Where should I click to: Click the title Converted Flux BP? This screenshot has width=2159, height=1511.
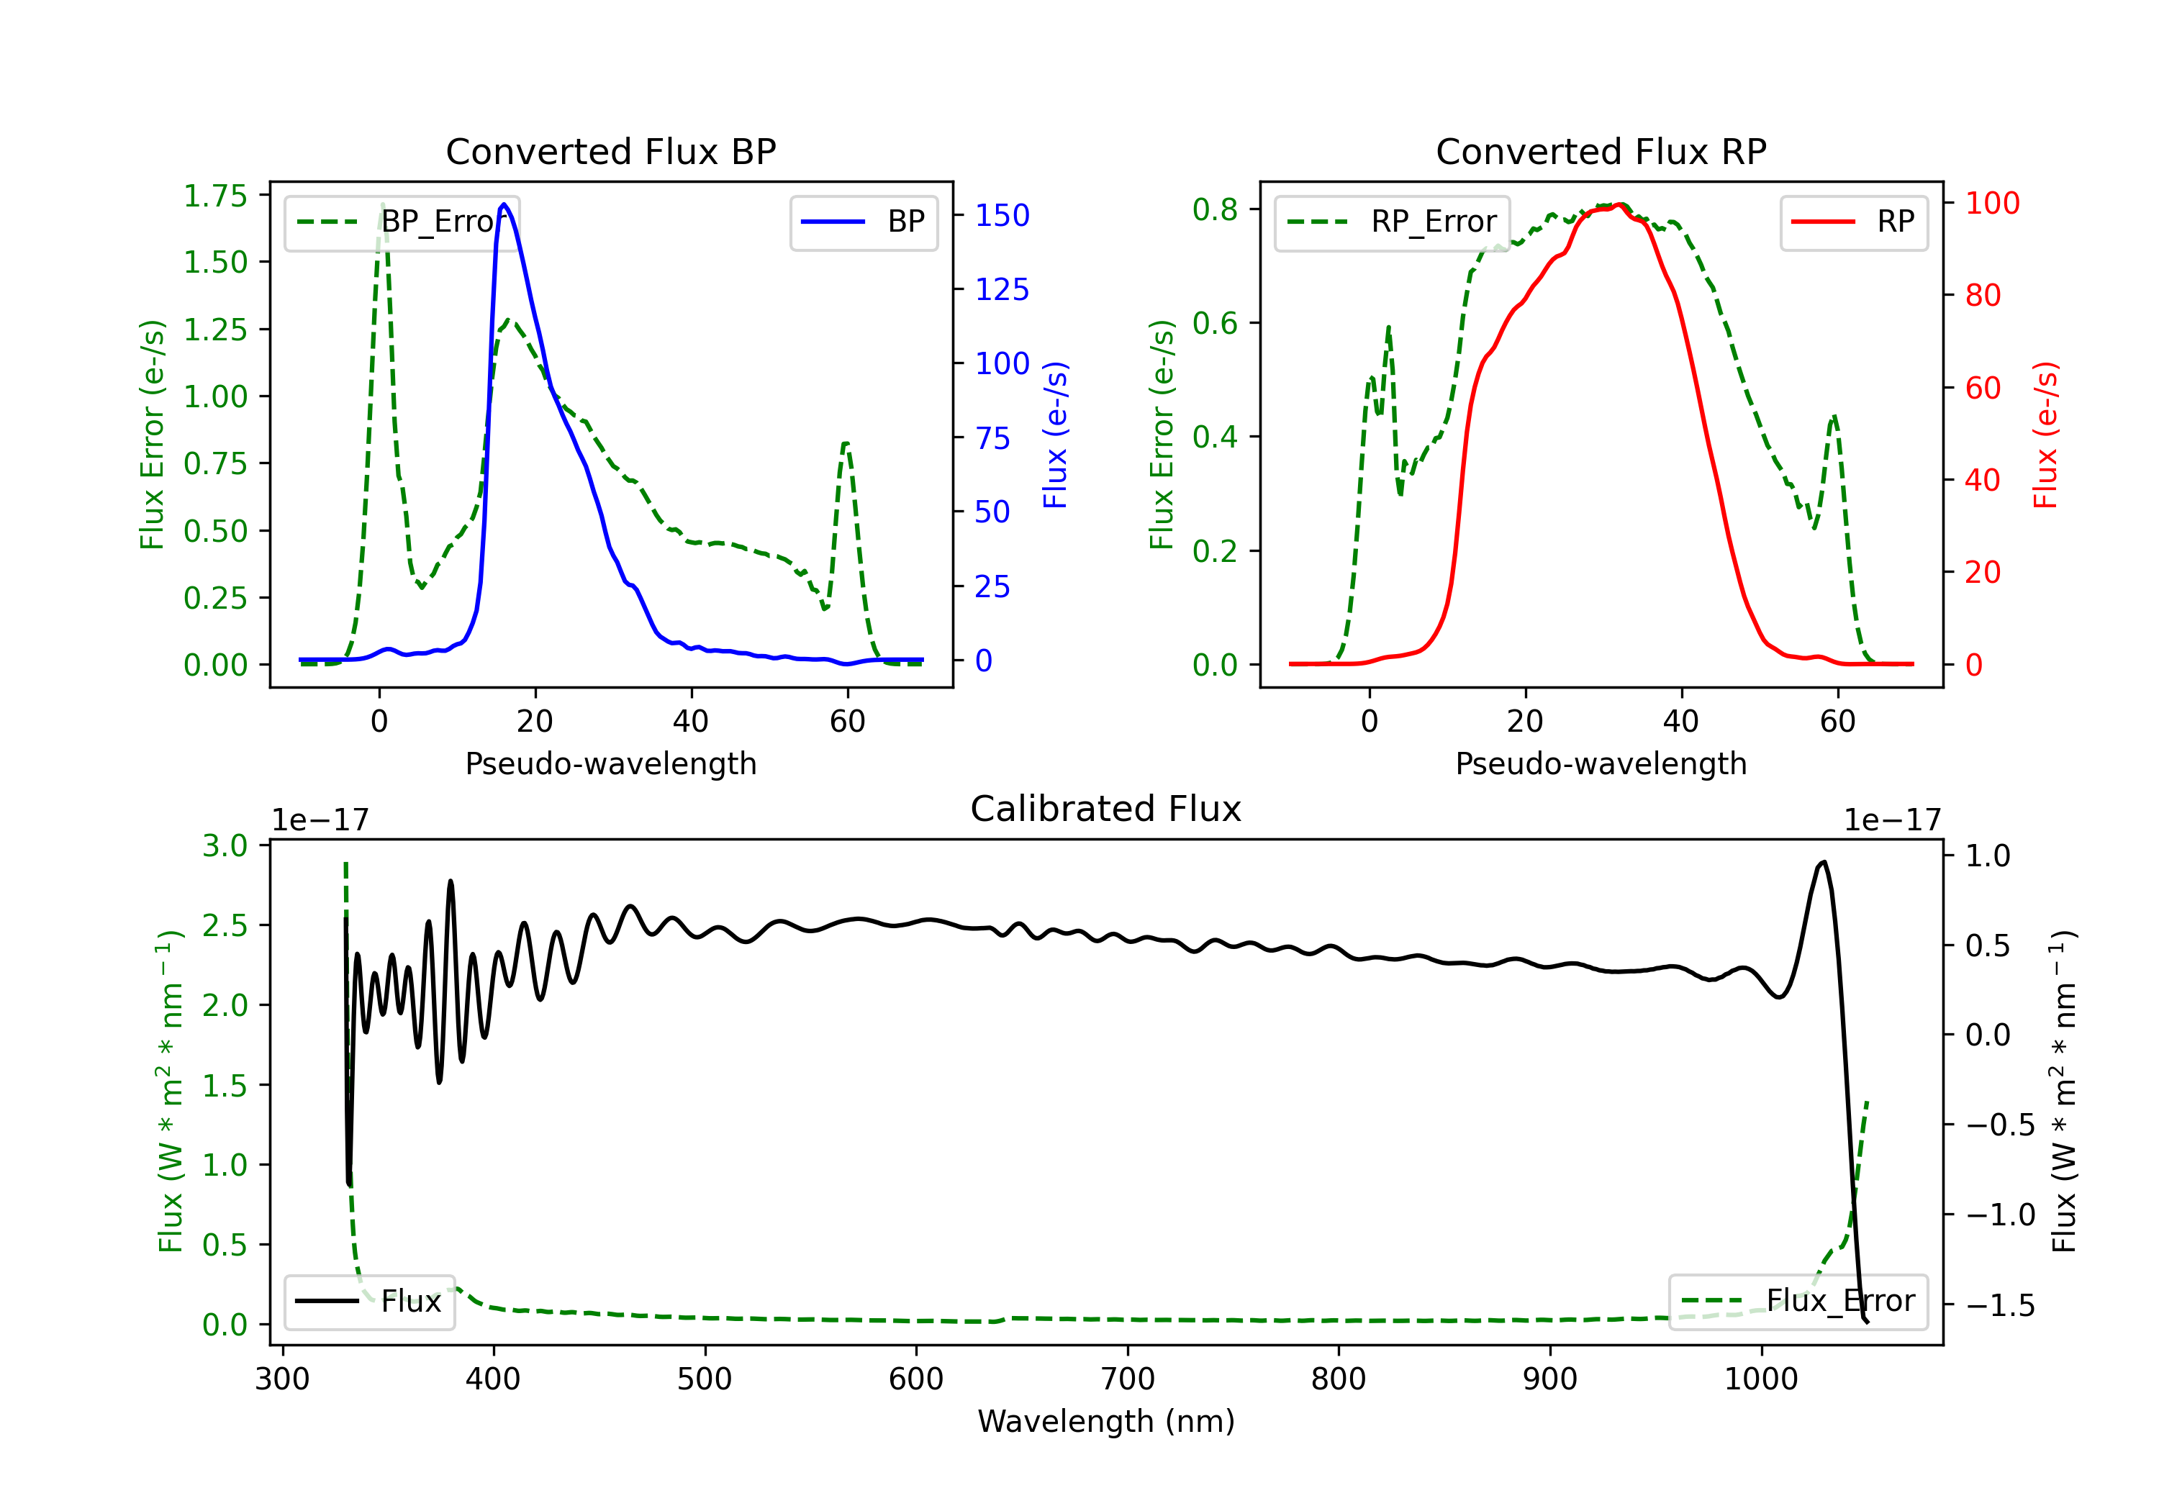click(610, 151)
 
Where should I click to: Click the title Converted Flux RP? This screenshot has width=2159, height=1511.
click(1601, 151)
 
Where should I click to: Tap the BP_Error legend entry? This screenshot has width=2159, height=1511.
click(402, 222)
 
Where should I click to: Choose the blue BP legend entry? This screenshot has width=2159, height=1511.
click(863, 222)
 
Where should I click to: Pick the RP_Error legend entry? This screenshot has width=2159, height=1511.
click(1392, 222)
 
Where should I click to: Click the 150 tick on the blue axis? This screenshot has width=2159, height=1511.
click(1002, 215)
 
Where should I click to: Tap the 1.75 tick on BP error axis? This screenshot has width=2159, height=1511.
click(214, 196)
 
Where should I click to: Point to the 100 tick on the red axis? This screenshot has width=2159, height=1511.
click(1991, 203)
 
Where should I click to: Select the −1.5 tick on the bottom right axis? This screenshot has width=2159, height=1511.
click(1999, 1305)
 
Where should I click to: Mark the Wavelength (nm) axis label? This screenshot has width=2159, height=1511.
click(1106, 1422)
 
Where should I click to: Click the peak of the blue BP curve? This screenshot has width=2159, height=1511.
click(504, 204)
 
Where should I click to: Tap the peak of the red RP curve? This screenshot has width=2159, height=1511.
click(1619, 205)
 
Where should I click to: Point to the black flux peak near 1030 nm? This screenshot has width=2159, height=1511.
click(1824, 861)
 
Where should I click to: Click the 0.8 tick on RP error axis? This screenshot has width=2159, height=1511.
click(1214, 209)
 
